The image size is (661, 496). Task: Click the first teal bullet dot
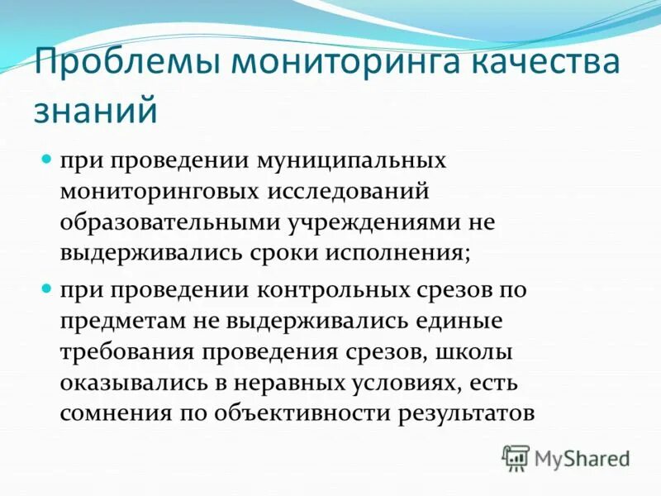46,157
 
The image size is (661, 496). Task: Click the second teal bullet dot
46,289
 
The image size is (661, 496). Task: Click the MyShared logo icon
516,456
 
